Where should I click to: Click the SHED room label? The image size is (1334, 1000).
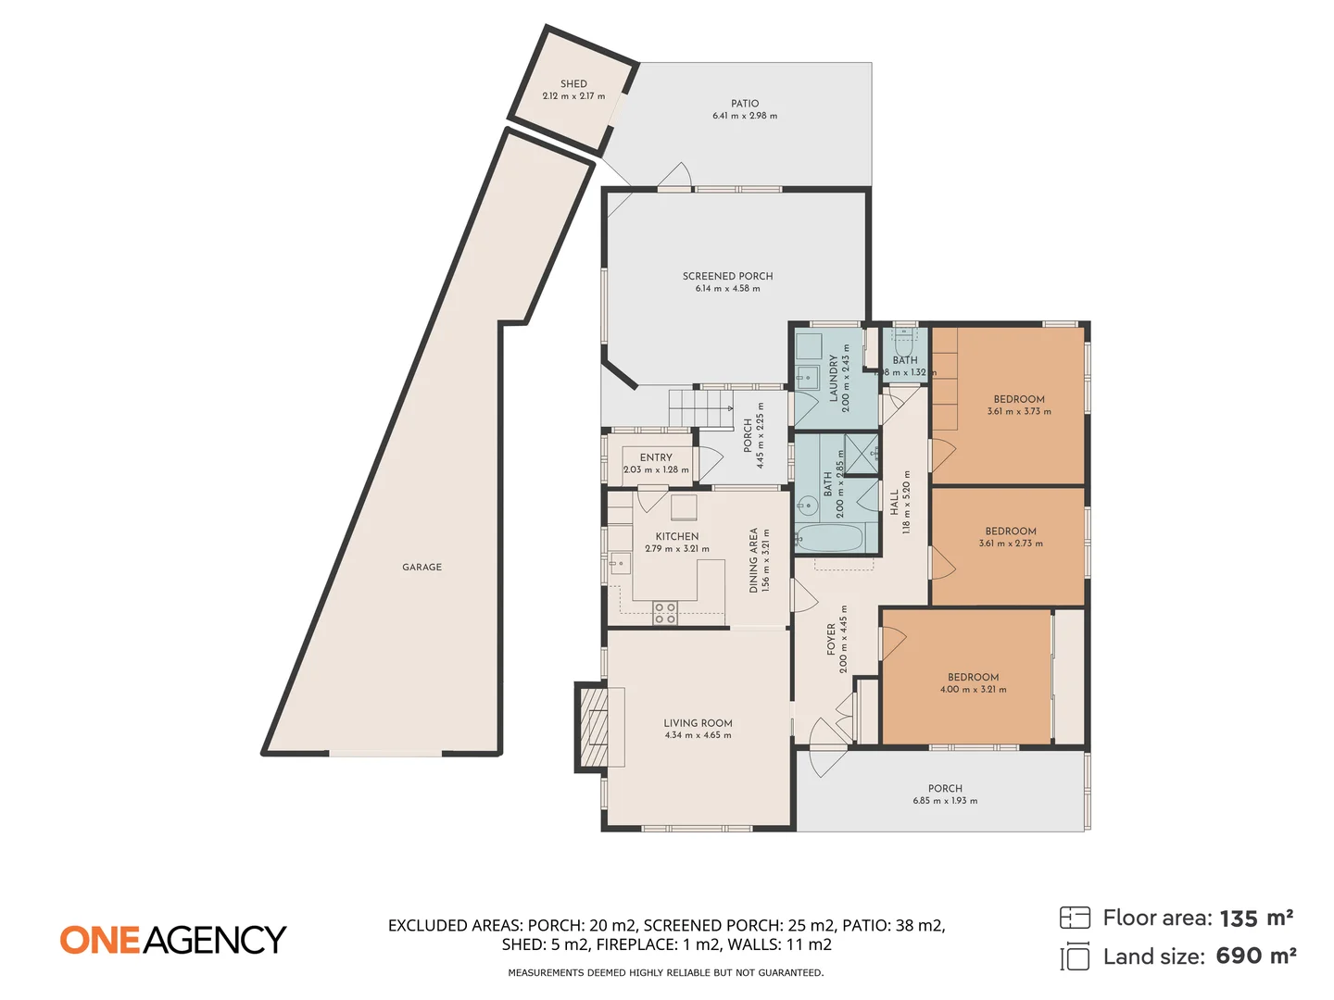573,83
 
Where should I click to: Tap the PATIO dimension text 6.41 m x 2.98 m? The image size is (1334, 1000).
745,116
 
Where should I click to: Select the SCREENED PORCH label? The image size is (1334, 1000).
727,276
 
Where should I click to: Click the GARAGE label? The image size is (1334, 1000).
422,567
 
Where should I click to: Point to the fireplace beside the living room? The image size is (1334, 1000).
593,727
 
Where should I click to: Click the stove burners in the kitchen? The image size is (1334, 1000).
664,613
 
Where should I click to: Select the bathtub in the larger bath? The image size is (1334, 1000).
831,538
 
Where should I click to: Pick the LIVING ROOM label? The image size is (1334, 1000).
698,723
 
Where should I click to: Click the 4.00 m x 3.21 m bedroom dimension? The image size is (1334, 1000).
973,689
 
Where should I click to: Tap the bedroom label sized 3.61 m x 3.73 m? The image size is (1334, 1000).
1019,399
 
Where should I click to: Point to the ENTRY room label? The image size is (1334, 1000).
656,457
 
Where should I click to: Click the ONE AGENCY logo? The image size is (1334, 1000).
173,940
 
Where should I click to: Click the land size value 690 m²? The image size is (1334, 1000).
1255,956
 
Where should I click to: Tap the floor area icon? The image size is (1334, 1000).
1075,918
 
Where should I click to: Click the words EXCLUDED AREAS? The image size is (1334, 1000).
455,925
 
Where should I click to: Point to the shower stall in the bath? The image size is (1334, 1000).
862,453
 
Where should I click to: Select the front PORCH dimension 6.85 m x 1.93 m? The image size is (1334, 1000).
945,801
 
